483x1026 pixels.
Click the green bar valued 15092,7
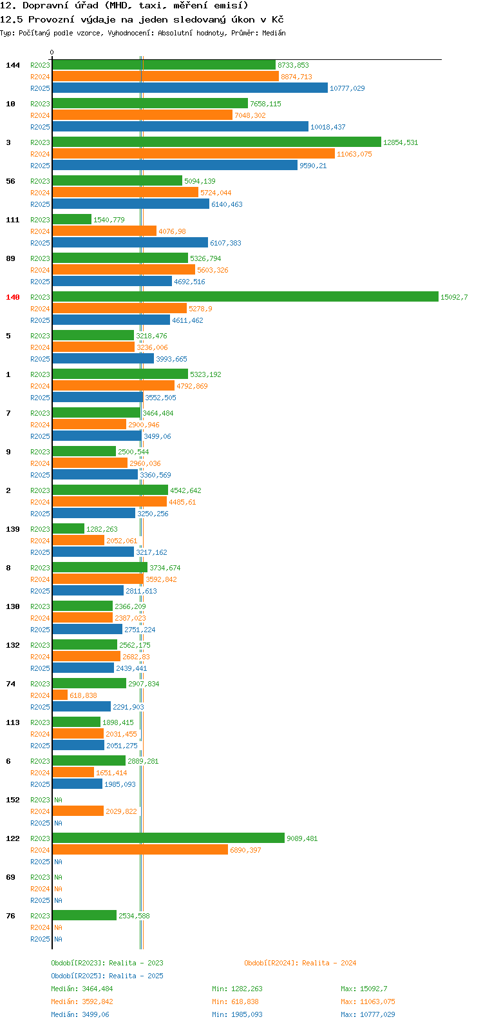pos(245,296)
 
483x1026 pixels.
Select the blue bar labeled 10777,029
pos(190,88)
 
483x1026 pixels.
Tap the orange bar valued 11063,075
pos(193,153)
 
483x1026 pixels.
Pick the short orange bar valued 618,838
pos(60,695)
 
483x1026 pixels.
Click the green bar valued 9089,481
pos(168,838)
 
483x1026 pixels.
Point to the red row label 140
pos(13,297)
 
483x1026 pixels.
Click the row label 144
pos(13,65)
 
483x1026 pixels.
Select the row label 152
pos(13,800)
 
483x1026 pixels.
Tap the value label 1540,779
pos(109,220)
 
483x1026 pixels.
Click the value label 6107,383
pos(225,243)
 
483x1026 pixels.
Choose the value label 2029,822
pos(121,811)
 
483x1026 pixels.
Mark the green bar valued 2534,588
pos(84,915)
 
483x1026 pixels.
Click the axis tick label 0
pos(52,52)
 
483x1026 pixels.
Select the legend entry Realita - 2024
pos(299,963)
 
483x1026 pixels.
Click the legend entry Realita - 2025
pos(107,976)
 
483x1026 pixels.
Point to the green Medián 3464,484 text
pos(82,989)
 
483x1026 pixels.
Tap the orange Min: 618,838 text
pos(237,1002)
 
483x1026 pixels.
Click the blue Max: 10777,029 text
pos(368,1014)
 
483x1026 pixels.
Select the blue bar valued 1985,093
pos(77,784)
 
